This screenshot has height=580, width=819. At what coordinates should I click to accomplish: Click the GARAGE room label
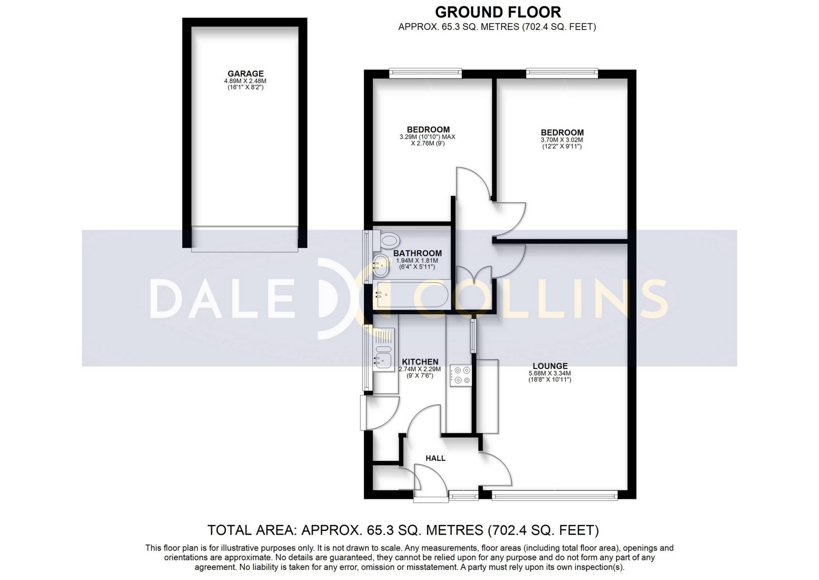point(245,73)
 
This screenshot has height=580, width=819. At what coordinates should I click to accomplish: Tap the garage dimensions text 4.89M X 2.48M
point(245,81)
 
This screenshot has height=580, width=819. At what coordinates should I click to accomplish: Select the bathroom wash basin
point(381,265)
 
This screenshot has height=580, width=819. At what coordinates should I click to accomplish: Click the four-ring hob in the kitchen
point(460,376)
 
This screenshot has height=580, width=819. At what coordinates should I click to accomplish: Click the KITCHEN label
point(420,362)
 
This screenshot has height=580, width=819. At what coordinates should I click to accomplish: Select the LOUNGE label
point(550,366)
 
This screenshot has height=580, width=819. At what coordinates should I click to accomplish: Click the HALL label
point(436,458)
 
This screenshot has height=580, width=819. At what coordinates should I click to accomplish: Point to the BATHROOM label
point(418,254)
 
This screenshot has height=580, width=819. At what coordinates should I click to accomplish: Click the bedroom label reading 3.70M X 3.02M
point(562,140)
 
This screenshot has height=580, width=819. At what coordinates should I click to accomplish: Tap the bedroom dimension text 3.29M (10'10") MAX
point(427,137)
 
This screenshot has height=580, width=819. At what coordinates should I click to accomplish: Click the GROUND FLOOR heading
point(498,12)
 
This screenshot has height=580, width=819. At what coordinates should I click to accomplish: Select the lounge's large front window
point(555,496)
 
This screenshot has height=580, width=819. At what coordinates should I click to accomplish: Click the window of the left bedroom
point(425,73)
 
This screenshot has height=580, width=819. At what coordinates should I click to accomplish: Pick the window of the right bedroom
point(562,73)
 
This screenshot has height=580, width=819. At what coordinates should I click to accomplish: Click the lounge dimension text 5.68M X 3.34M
point(550,373)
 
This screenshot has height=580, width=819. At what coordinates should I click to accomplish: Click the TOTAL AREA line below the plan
point(403,530)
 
